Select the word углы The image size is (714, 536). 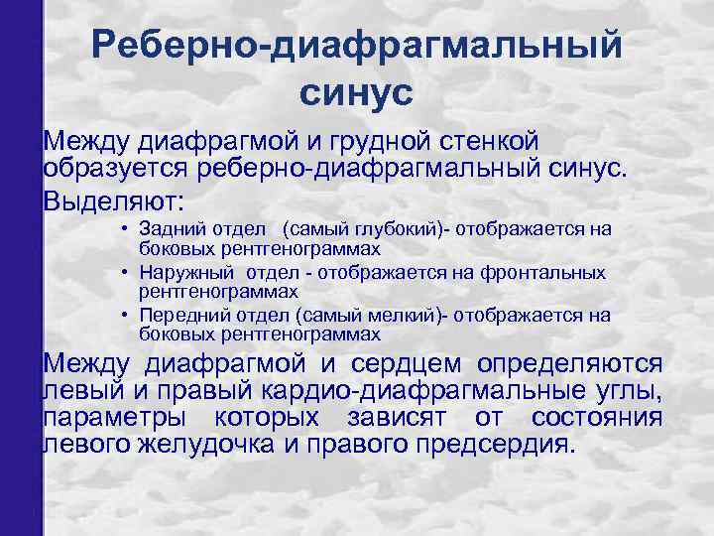(x=629, y=390)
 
